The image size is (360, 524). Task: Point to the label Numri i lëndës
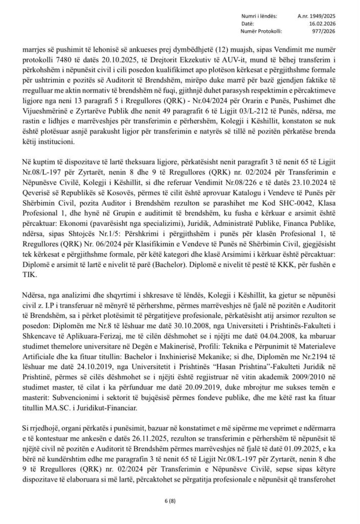click(256, 16)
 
